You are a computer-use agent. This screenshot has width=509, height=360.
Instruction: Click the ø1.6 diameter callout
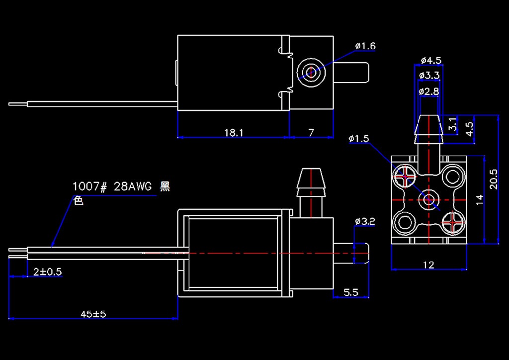(x=365, y=46)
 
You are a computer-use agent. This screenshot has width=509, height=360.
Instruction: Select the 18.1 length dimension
(x=233, y=133)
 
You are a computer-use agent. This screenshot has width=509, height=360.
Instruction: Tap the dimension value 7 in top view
(x=311, y=133)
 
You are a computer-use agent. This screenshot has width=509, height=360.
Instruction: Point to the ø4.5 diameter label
(x=430, y=61)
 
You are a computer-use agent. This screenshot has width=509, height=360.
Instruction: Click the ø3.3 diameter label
(x=429, y=76)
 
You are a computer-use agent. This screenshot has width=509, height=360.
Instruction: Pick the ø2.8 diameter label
(x=428, y=91)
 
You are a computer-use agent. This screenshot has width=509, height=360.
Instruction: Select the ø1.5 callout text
(x=359, y=139)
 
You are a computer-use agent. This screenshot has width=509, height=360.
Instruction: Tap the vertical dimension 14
(x=479, y=200)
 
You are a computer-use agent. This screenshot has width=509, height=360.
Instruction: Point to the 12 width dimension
(x=428, y=265)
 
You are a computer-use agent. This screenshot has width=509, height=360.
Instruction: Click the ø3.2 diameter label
(x=365, y=221)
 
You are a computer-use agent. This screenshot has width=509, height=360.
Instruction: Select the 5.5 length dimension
(x=351, y=292)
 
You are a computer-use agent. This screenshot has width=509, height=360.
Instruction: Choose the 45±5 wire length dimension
(x=93, y=314)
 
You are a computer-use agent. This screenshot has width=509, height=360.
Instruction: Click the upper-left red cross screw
(x=406, y=176)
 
